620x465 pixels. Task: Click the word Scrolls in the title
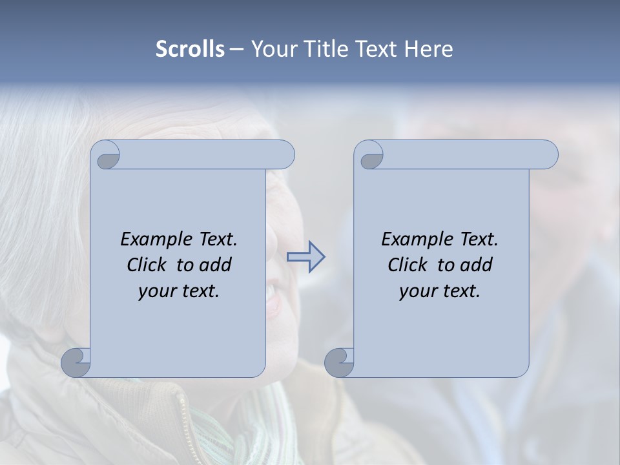tap(190, 49)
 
